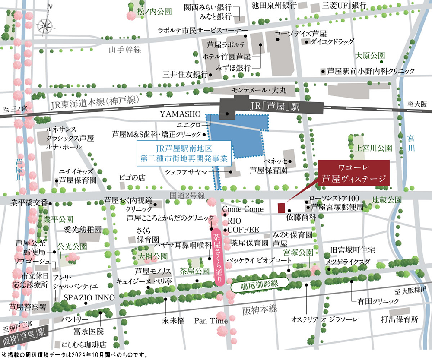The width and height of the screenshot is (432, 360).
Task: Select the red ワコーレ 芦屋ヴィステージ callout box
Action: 354,174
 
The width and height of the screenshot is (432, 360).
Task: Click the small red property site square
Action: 281,208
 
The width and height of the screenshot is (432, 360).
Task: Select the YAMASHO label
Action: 178,114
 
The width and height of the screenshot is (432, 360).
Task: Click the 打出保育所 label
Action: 400,320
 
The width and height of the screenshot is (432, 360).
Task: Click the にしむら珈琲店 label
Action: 84,345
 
